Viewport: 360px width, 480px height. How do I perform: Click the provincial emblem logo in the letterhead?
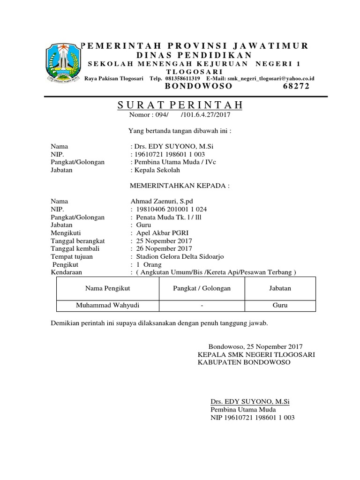pyautogui.click(x=62, y=63)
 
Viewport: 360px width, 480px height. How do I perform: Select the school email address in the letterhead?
pyautogui.click(x=269, y=78)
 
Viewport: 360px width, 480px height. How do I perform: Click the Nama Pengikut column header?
pyautogui.click(x=107, y=288)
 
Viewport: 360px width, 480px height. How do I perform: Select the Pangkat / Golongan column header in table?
pyautogui.click(x=202, y=288)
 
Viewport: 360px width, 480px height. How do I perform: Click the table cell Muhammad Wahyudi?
pyautogui.click(x=108, y=306)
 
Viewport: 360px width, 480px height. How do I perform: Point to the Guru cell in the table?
pyautogui.click(x=280, y=306)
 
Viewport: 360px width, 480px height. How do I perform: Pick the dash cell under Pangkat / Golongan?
pyautogui.click(x=202, y=306)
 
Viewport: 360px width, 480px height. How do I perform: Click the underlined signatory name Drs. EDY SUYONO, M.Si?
pyautogui.click(x=250, y=402)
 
